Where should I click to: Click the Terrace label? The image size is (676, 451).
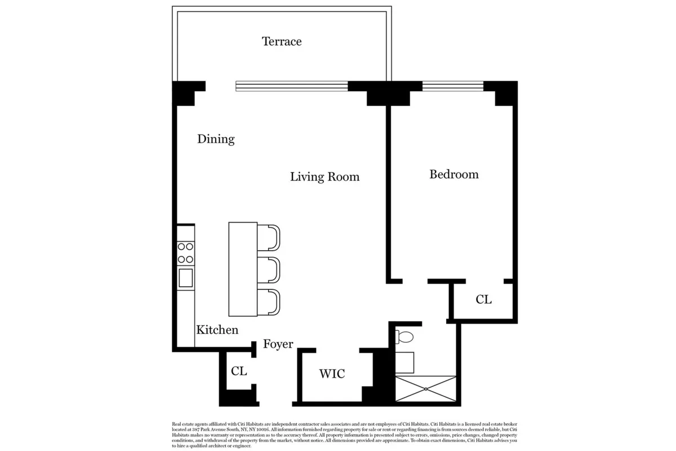282,42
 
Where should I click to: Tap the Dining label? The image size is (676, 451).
216,139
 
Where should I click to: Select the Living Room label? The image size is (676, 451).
324,177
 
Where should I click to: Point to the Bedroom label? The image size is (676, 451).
454,175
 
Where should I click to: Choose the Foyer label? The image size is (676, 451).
278,344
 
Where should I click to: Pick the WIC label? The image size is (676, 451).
332,374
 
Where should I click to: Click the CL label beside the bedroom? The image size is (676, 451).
483,300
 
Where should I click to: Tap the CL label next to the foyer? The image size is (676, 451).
239,372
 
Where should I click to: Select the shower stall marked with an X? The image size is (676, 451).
425,389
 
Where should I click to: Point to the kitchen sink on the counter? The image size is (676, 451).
185,277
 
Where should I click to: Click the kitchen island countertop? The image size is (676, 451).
243,269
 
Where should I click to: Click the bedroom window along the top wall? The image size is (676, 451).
453,86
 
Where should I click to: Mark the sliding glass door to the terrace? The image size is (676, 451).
291,86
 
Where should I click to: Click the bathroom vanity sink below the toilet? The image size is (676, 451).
406,362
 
